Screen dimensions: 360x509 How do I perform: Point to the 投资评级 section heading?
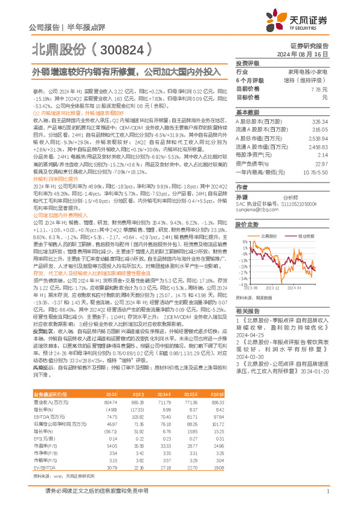coord(247,63)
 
